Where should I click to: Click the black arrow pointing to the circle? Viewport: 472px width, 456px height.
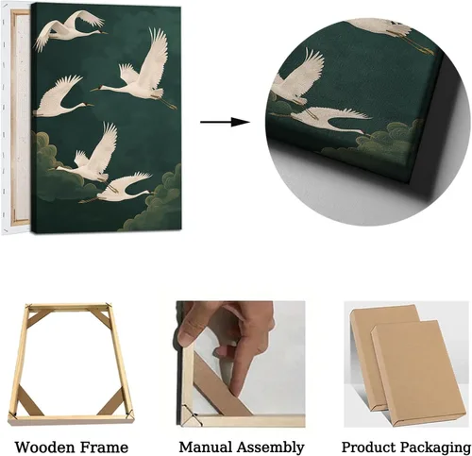(225, 122)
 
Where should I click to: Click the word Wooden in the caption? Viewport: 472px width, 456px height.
(44, 448)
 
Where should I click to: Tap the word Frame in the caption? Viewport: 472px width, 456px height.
(104, 448)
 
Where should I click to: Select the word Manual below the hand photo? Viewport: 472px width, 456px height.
(206, 447)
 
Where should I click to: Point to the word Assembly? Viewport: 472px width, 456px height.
(271, 448)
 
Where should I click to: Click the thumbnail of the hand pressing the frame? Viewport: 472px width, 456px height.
(241, 363)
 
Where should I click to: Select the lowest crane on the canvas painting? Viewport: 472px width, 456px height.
(116, 188)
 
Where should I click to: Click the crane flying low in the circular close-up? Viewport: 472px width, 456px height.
(333, 120)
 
